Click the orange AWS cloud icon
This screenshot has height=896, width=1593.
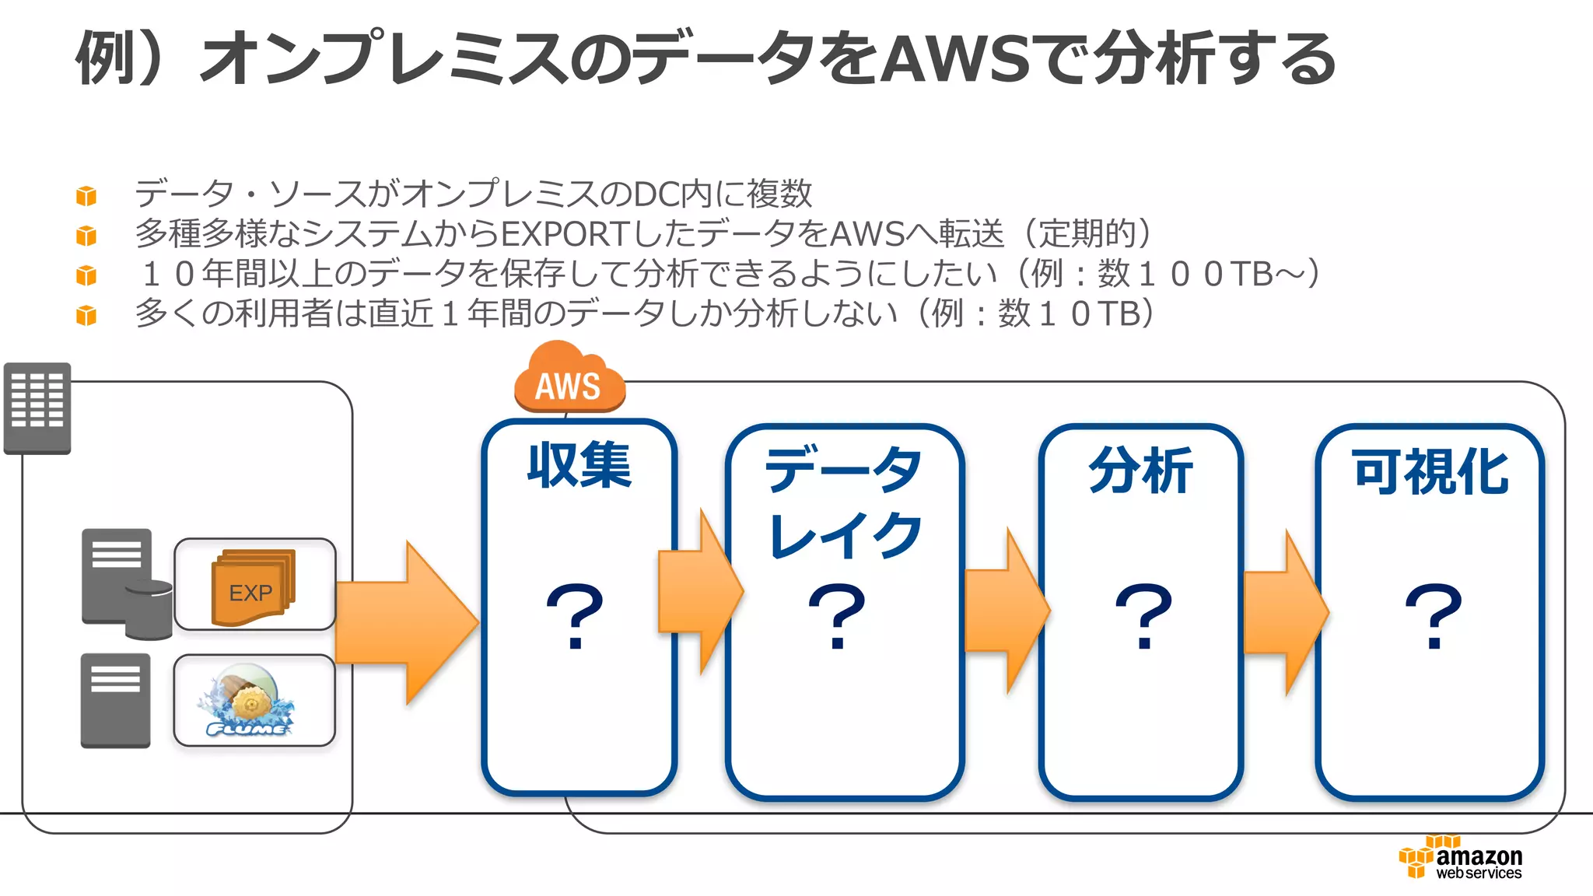pos(569,380)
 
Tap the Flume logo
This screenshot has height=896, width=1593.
pos(247,702)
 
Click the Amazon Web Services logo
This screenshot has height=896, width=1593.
pos(1461,859)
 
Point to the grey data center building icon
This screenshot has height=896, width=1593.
pos(37,408)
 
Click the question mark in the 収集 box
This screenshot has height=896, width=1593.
pos(575,614)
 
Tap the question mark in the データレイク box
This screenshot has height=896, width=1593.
pos(837,614)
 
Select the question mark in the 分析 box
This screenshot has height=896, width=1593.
pos(1143,614)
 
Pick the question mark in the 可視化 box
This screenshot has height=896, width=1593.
pos(1434,614)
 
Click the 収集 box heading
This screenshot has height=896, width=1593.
pos(579,465)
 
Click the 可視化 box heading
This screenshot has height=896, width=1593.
pos(1431,471)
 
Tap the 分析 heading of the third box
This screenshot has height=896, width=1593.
pos(1141,470)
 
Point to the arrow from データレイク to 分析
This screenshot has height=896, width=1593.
pos(1006,611)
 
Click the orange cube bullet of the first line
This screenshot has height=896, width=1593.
pos(86,195)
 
